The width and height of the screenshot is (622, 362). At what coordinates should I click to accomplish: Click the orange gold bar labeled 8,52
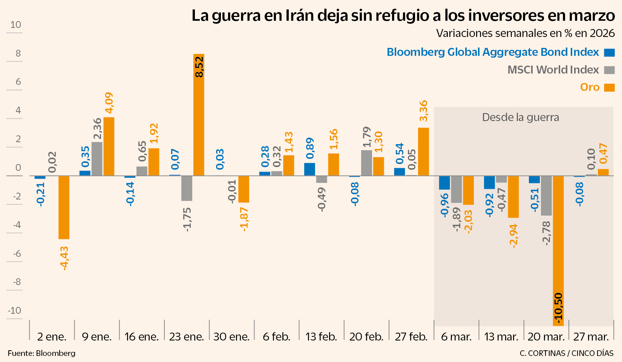click(x=199, y=115)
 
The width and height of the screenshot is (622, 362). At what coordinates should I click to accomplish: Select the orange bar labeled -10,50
click(x=558, y=250)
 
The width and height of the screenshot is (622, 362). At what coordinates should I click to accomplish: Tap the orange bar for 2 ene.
click(x=64, y=207)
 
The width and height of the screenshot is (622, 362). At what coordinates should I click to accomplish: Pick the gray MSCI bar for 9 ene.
click(x=97, y=159)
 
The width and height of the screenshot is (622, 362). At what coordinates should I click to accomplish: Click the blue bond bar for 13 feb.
click(x=309, y=169)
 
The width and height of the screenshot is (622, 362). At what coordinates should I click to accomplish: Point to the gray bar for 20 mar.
click(x=546, y=196)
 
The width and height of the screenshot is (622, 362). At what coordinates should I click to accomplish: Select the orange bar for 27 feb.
click(x=423, y=152)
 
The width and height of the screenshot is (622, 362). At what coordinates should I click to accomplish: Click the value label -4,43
click(x=64, y=258)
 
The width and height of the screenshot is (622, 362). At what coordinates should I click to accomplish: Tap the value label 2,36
click(x=97, y=129)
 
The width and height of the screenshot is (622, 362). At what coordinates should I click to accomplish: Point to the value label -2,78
click(x=546, y=233)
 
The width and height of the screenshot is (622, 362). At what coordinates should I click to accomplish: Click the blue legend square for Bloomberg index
click(x=609, y=52)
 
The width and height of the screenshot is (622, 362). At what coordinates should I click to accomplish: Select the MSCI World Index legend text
click(x=553, y=70)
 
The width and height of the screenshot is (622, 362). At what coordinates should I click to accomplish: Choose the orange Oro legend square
click(x=609, y=87)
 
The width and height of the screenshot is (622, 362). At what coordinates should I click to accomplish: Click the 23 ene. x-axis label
click(x=186, y=337)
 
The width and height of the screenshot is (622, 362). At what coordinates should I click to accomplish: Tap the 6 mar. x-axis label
click(x=456, y=337)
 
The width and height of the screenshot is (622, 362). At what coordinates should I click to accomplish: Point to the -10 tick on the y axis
click(x=15, y=310)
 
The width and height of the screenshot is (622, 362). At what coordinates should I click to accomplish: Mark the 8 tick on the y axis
click(x=18, y=53)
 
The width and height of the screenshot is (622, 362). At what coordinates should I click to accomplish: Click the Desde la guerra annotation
click(x=520, y=117)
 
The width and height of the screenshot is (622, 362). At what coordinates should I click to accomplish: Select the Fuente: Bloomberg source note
click(x=41, y=353)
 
